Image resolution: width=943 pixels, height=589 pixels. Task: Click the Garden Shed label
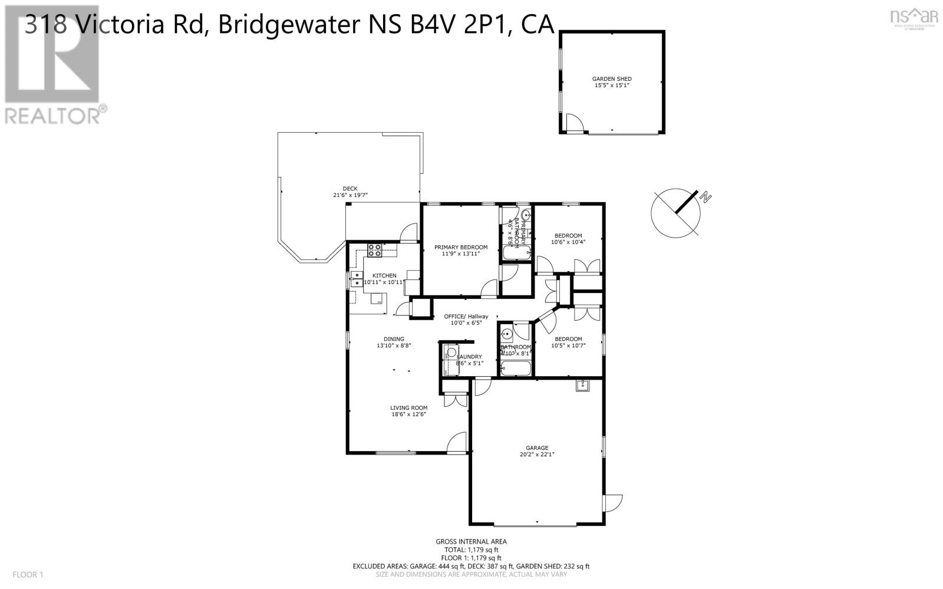612,79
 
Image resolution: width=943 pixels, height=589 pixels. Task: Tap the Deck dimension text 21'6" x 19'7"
350,195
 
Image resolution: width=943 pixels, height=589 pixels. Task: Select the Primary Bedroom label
461,247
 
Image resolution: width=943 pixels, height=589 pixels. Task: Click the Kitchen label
384,275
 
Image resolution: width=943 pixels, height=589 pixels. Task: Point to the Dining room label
394,339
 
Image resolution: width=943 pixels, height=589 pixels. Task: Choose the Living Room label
408,407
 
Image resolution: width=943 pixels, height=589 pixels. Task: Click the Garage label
537,448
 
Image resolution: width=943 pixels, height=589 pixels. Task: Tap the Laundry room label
470,357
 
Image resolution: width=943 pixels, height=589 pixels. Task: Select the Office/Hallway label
466,317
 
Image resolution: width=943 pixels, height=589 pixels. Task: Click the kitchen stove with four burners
375,250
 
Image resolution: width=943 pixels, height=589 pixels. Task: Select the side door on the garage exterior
613,503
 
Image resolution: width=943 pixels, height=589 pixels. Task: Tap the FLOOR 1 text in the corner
28,574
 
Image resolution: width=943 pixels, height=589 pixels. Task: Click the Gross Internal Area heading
471,541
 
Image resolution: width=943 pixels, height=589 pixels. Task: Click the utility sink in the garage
582,386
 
